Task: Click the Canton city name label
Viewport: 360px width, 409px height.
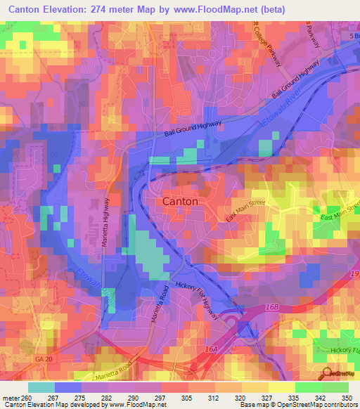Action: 180,201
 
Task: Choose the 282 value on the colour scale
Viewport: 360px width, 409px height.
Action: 108,397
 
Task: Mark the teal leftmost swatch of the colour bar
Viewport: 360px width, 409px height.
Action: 41,387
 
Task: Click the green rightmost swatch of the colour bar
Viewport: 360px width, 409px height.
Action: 335,387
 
